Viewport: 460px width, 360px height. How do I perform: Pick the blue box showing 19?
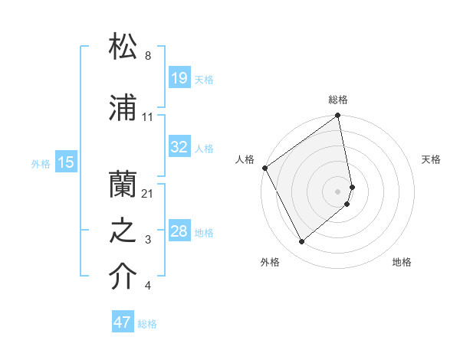(x=179, y=77)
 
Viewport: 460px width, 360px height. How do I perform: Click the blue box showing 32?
(x=179, y=147)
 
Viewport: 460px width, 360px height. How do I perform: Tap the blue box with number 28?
(x=179, y=231)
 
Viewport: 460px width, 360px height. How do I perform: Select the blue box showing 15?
(x=65, y=162)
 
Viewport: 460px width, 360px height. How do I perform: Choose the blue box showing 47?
(x=123, y=322)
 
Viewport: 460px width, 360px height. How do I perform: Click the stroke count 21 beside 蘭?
(x=148, y=193)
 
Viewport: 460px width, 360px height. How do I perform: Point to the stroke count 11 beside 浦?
(x=148, y=117)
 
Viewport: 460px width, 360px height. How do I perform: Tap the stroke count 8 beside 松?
(x=148, y=56)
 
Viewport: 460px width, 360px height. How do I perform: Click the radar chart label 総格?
(x=338, y=100)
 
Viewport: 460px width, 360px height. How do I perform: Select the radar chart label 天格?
(x=431, y=159)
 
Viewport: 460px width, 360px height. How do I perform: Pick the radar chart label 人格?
(x=245, y=159)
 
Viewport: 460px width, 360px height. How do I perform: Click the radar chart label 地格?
(x=402, y=262)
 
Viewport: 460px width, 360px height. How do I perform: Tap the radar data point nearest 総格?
(x=338, y=116)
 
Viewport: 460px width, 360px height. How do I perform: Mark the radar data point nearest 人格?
(x=264, y=168)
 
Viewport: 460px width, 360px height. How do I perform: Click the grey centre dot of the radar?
(x=338, y=191)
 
